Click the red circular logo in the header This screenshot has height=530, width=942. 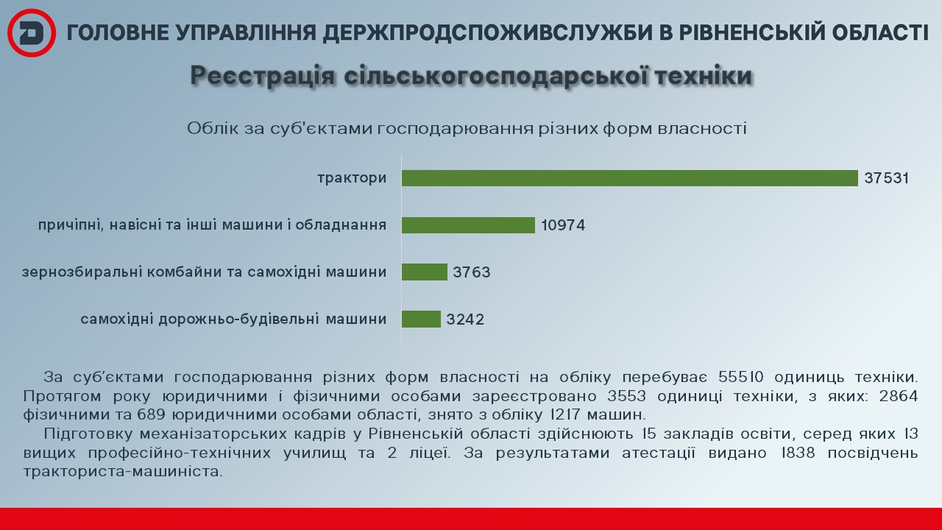click(32, 33)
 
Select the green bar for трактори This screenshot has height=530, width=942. click(629, 178)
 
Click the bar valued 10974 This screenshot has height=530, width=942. click(468, 225)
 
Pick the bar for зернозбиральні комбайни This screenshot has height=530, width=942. click(425, 272)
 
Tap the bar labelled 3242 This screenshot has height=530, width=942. click(421, 319)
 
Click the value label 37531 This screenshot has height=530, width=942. click(887, 178)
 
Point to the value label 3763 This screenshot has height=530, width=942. click(472, 272)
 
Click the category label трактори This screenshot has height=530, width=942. click(352, 178)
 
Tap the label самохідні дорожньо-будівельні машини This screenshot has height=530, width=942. click(233, 319)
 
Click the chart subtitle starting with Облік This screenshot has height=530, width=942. click(467, 128)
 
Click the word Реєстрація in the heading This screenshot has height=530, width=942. click(263, 76)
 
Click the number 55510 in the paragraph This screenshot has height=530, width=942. click(740, 377)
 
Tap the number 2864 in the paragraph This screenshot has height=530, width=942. click(899, 396)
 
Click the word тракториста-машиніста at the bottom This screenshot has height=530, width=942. click(122, 472)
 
